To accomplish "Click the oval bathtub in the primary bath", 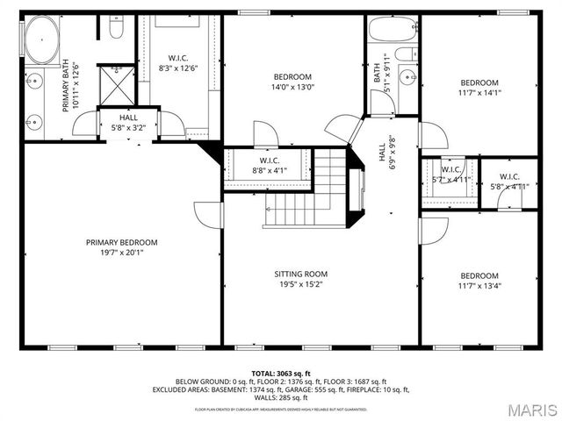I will pyautogui.click(x=39, y=41).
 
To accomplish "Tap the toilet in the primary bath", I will pyautogui.click(x=116, y=31).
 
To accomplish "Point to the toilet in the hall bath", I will pyautogui.click(x=405, y=55).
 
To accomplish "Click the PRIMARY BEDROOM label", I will pyautogui.click(x=121, y=242).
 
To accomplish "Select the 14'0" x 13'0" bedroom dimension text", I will pyautogui.click(x=292, y=87).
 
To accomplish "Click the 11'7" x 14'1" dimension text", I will pyautogui.click(x=480, y=92).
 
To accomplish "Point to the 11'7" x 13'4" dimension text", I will pyautogui.click(x=479, y=284).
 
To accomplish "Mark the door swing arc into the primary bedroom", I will pyautogui.click(x=207, y=216).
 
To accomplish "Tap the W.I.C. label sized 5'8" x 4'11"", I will pyautogui.click(x=508, y=176).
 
